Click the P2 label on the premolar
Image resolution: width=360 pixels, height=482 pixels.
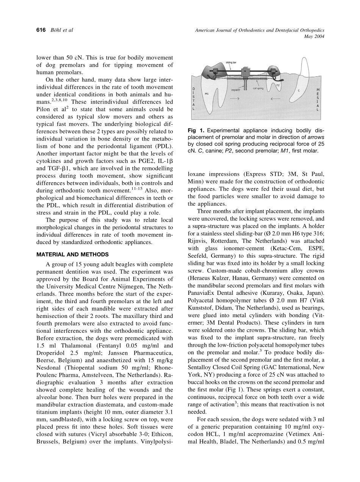click(x=278, y=85)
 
